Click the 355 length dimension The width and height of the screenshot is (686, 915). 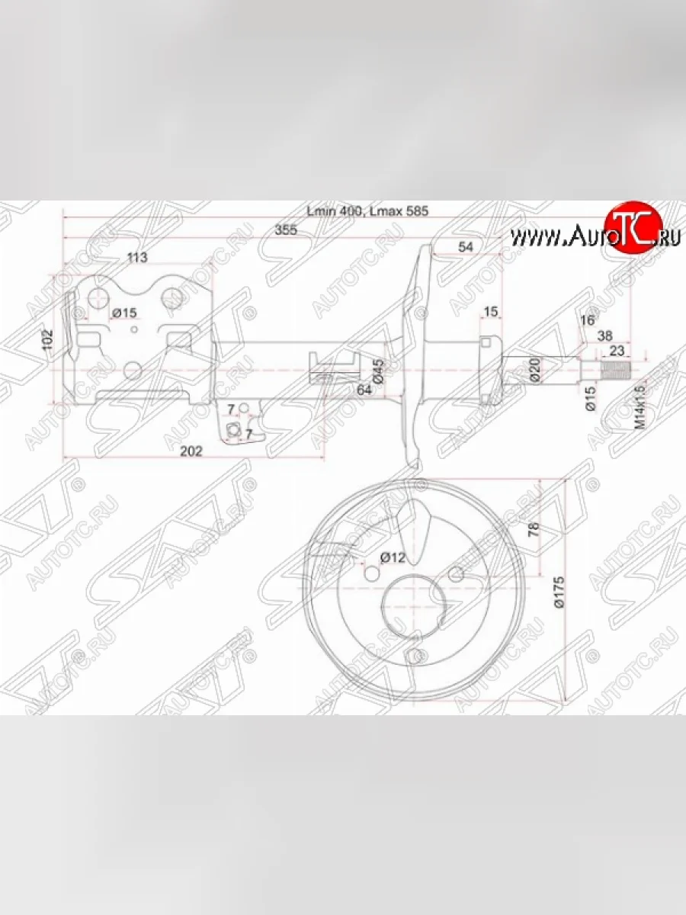(286, 230)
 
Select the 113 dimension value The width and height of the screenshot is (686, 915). (137, 257)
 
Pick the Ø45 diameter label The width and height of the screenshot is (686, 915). (377, 370)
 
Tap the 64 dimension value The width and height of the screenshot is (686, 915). (364, 390)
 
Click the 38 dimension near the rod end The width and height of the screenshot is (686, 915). (605, 335)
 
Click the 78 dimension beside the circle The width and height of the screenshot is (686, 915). (534, 527)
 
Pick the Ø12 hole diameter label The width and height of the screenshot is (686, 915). (392, 557)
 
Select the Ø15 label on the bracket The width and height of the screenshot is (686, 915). (124, 313)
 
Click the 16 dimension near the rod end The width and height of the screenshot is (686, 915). (587, 320)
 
